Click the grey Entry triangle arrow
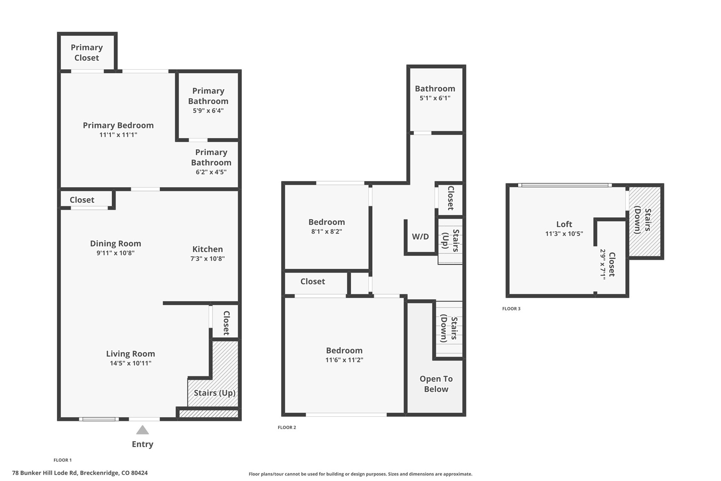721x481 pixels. pyautogui.click(x=142, y=430)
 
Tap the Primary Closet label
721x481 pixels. pyautogui.click(x=87, y=52)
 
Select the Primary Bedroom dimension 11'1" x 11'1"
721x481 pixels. pyautogui.click(x=118, y=135)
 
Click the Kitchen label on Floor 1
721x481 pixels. pyautogui.click(x=207, y=249)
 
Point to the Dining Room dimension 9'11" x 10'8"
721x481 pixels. pyautogui.click(x=115, y=253)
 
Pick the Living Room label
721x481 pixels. pyautogui.click(x=130, y=354)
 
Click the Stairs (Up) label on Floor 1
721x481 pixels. pyautogui.click(x=215, y=393)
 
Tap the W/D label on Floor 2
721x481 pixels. pyautogui.click(x=420, y=237)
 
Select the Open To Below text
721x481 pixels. pyautogui.click(x=436, y=384)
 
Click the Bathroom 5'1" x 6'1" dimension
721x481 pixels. pyautogui.click(x=435, y=98)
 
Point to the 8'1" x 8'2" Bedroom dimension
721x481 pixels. pyautogui.click(x=326, y=232)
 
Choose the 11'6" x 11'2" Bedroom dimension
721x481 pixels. pyautogui.click(x=344, y=360)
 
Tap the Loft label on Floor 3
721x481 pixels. pyautogui.click(x=564, y=224)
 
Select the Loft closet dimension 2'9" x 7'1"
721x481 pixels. pyautogui.click(x=602, y=264)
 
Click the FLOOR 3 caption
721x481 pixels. pyautogui.click(x=511, y=309)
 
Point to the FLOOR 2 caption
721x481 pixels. pyautogui.click(x=287, y=427)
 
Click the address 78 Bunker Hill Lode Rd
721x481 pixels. pyautogui.click(x=80, y=473)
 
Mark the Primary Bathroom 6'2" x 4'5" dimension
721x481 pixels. pyautogui.click(x=211, y=172)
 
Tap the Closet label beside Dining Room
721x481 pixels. pyautogui.click(x=82, y=200)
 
